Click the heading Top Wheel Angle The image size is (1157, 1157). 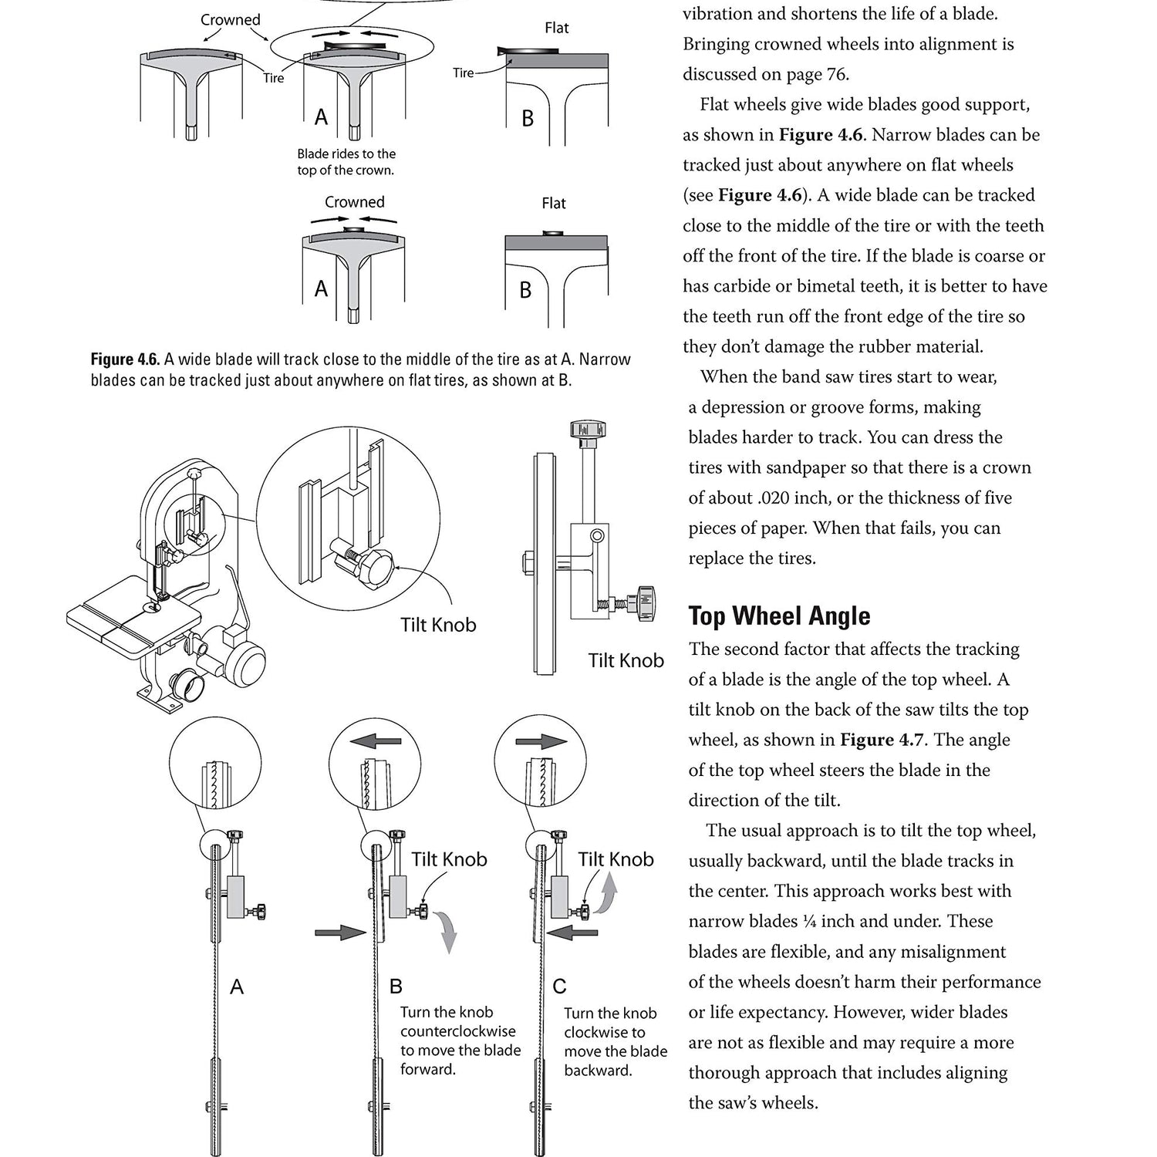point(779,616)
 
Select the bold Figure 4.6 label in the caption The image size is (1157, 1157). point(124,359)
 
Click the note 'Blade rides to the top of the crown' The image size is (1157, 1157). point(346,162)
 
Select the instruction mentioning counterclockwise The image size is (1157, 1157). point(460,1041)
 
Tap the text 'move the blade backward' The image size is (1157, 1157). point(615,1061)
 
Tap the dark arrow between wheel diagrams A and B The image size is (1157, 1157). point(340,933)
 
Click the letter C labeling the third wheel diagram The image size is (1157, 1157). point(559,987)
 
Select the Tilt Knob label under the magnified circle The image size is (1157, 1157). point(437,625)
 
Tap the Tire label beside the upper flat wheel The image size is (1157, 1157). point(463,73)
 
